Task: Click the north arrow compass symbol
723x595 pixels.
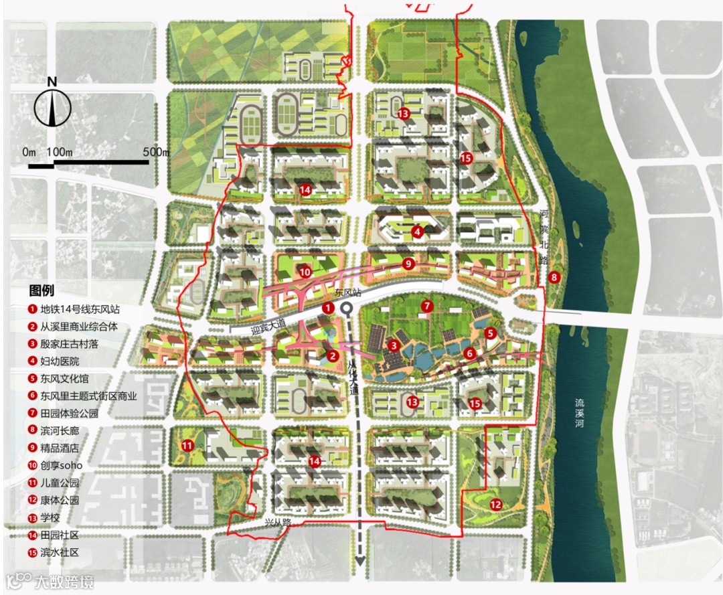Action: click(52, 104)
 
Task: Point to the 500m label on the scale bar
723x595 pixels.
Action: click(156, 152)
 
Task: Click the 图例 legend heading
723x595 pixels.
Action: click(42, 291)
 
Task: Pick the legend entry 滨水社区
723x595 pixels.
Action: click(55, 552)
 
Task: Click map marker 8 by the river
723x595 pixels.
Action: click(554, 277)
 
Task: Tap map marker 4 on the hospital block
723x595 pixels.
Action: click(418, 232)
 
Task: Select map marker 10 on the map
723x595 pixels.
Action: click(305, 272)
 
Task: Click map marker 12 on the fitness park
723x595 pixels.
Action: click(496, 505)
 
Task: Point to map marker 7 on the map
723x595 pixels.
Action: click(426, 306)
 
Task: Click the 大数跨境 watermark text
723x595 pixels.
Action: click(65, 580)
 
